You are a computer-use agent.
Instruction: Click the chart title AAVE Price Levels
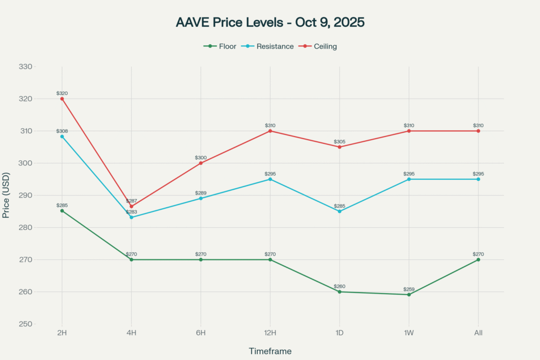pyautogui.click(x=269, y=23)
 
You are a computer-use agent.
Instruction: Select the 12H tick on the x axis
pyautogui.click(x=270, y=333)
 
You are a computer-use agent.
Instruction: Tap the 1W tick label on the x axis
pyautogui.click(x=409, y=333)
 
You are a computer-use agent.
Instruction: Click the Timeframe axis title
pyautogui.click(x=269, y=351)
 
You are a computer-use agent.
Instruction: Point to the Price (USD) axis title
pyautogui.click(x=6, y=195)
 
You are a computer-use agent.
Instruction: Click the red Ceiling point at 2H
pyautogui.click(x=62, y=99)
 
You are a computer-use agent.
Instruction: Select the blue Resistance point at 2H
pyautogui.click(x=62, y=137)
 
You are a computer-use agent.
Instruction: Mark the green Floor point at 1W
pyautogui.click(x=409, y=295)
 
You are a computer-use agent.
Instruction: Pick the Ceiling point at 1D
pyautogui.click(x=340, y=147)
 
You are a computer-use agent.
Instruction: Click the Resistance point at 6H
pyautogui.click(x=200, y=198)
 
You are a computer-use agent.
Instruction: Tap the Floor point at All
pyautogui.click(x=478, y=259)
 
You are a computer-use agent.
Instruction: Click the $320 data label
pyautogui.click(x=62, y=93)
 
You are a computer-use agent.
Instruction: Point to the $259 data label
pyautogui.click(x=409, y=289)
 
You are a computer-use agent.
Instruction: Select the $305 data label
pyautogui.click(x=340, y=142)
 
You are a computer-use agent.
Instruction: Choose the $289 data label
pyautogui.click(x=200, y=193)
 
